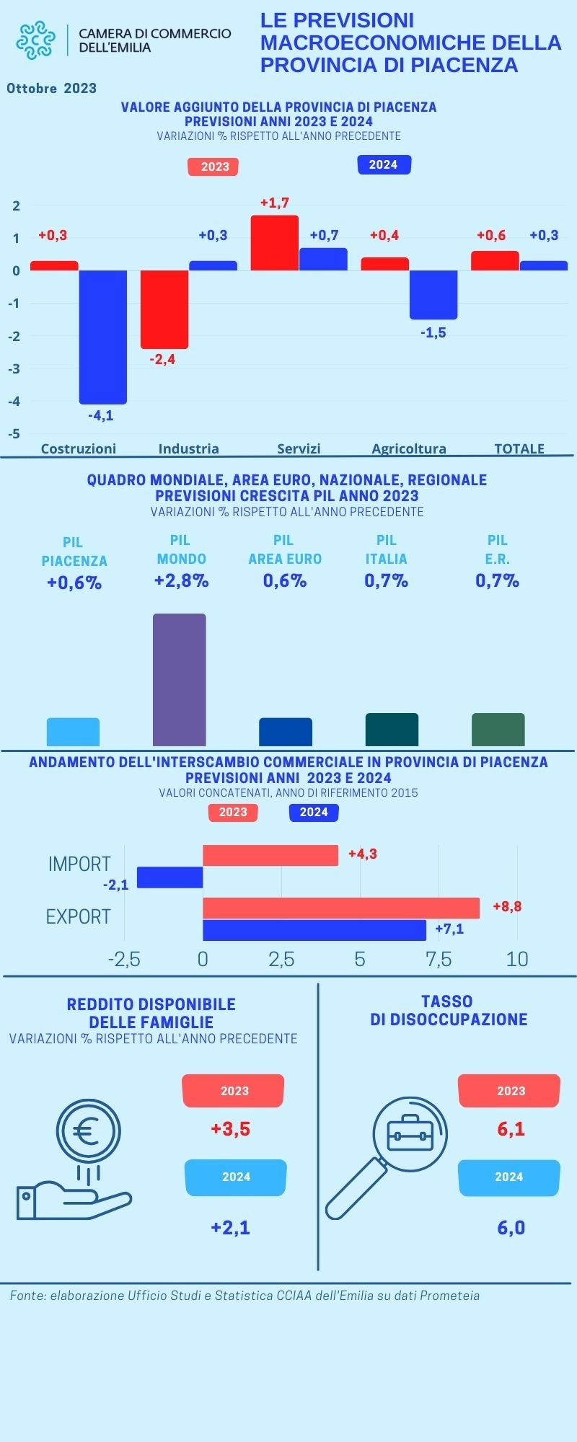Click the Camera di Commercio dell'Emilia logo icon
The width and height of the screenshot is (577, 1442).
tap(35, 40)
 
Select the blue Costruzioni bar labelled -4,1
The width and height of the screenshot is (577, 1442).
tap(103, 337)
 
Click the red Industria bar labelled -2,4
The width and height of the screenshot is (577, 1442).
tap(164, 309)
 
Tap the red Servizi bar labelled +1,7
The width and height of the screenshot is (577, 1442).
tap(274, 243)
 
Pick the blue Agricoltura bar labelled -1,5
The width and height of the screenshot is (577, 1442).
tap(433, 294)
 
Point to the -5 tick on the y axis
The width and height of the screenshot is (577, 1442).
tap(14, 434)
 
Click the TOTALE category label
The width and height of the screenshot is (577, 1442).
tap(519, 448)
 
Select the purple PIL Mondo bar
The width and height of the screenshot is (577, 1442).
tap(180, 679)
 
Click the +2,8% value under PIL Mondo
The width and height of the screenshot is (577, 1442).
tap(181, 581)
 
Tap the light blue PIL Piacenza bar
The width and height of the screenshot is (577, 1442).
tap(73, 732)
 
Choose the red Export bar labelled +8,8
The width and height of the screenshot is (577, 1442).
tap(340, 908)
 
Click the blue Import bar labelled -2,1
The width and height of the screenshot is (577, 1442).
tap(169, 877)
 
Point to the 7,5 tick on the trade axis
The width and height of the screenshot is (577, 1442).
tap(439, 959)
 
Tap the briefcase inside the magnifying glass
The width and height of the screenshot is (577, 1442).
tap(410, 1133)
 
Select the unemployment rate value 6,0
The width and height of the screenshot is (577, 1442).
tap(511, 1227)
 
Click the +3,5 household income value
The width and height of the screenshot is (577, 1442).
tap(230, 1128)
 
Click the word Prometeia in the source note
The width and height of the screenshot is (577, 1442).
tap(449, 1296)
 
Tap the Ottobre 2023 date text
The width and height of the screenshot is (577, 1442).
tap(52, 89)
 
